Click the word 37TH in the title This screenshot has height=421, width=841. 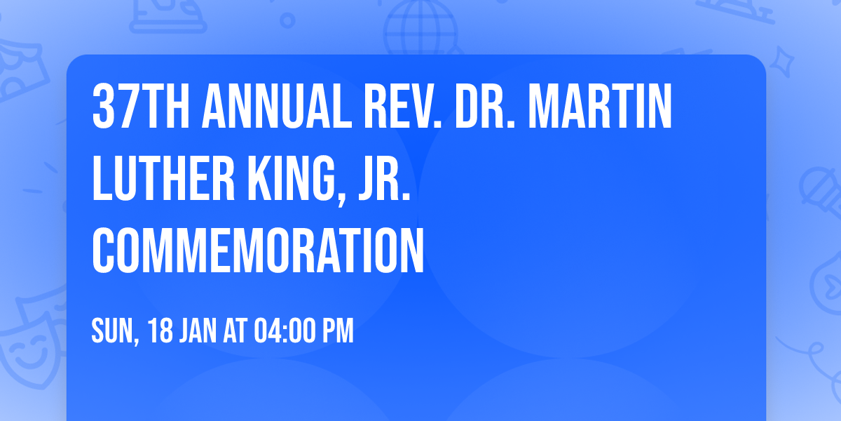(x=140, y=107)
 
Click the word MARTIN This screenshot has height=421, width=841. (x=600, y=107)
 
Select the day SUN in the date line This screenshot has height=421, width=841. (x=112, y=331)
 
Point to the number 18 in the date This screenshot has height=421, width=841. (x=160, y=331)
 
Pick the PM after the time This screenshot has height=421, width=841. (x=337, y=331)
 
